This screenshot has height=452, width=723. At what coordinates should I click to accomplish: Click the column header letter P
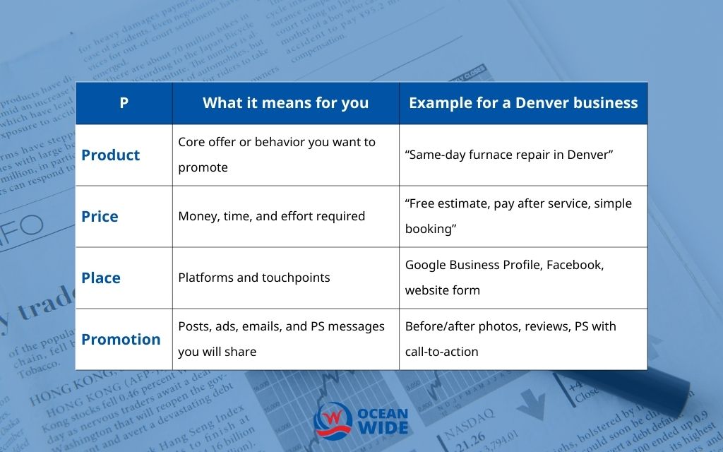(124, 103)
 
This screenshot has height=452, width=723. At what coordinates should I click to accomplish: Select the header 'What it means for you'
(285, 103)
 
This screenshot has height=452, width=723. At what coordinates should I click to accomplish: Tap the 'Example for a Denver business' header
(523, 103)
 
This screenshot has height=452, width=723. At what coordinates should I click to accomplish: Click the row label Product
(111, 155)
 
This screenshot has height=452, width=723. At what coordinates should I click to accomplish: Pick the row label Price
(100, 217)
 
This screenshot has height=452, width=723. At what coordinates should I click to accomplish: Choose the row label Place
(101, 278)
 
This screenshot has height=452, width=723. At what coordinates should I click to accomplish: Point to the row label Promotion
(121, 340)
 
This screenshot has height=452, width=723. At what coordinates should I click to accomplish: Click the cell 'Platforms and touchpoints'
(254, 278)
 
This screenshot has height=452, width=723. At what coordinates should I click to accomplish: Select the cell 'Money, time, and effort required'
(271, 216)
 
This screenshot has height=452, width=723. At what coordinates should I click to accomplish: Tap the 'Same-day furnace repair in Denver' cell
(509, 155)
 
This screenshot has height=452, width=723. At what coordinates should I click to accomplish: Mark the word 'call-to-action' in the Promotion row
(441, 352)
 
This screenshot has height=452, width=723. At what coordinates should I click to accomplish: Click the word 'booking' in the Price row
(428, 229)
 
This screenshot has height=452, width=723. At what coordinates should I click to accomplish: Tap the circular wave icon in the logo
(332, 418)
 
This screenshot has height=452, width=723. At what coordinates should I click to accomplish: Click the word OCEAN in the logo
(383, 412)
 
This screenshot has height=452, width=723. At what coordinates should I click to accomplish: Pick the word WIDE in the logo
(383, 427)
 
